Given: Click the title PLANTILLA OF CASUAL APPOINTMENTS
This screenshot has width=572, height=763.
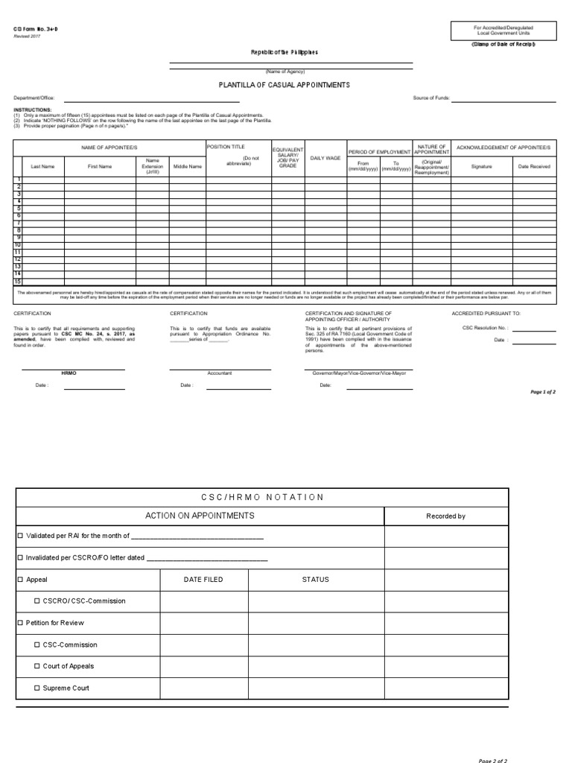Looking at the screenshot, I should click(x=284, y=85).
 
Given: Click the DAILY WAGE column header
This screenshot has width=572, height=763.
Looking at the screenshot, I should click(x=325, y=158).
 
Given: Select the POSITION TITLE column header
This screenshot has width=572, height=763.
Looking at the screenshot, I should click(x=226, y=147).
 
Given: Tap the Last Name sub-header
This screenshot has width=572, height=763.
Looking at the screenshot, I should click(x=42, y=166).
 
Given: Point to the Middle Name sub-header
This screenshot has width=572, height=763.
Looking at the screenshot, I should click(x=187, y=166).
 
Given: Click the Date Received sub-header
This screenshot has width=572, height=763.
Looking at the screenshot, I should click(x=534, y=166).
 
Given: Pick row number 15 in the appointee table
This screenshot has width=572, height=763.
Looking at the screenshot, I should click(x=18, y=282).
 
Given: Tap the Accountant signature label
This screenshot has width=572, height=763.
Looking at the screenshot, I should click(x=219, y=373).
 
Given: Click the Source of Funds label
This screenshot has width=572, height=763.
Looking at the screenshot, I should click(x=431, y=98).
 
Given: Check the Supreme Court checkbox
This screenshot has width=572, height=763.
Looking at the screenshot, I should click(x=36, y=688).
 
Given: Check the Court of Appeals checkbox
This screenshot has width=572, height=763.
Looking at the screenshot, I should click(x=36, y=667).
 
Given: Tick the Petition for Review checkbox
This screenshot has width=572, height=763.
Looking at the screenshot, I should click(x=20, y=623).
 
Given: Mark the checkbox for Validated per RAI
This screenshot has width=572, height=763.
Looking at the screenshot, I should click(x=20, y=536).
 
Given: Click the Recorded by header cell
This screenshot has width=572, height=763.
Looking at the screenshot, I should click(x=445, y=516).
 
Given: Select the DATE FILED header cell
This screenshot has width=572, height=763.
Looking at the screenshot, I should click(x=203, y=580).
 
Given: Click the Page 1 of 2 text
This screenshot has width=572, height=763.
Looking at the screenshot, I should click(x=542, y=392).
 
